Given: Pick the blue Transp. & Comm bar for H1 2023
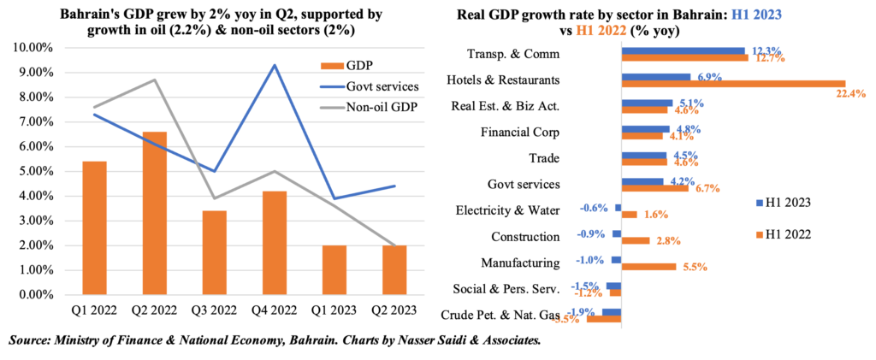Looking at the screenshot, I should click(684, 50).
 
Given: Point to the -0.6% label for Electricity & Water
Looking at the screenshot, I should click(594, 207).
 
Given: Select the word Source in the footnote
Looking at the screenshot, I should click(33, 340).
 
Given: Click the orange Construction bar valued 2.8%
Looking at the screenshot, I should click(636, 240).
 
